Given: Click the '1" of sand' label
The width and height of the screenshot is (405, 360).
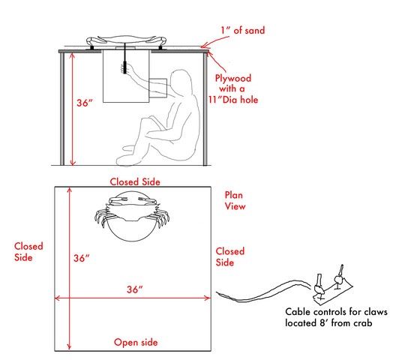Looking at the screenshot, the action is pos(242,31).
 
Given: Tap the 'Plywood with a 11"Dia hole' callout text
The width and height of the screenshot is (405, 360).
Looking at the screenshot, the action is pos(233,88).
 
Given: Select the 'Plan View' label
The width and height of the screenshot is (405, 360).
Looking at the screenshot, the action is pos(235,201).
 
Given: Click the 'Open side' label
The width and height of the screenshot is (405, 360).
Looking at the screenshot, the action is pos(136,343).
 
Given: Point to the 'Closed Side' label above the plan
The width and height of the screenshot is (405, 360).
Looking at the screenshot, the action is pos(135,181).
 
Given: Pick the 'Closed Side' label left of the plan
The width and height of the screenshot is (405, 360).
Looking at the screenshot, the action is pos(28,252).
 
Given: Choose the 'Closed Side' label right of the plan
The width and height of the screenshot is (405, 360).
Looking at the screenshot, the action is pos(230,256).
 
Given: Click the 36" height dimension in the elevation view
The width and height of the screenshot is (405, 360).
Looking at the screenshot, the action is pos(85,103).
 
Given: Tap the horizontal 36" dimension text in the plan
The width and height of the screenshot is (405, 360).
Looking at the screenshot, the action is pos(134,289).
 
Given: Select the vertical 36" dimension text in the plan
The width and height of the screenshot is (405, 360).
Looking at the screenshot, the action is pos(81,258).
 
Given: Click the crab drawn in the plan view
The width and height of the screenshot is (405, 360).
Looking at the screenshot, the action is pos(132,211).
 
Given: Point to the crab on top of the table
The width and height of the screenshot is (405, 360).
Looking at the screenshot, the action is pos(126,40).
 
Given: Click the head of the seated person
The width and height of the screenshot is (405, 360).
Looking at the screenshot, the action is pos(181,81).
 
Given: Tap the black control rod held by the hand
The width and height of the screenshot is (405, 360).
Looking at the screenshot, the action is pos(125,59).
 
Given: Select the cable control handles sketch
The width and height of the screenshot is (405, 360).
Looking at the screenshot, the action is pos(332,286).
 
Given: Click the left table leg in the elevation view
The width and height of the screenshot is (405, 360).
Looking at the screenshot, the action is pos(62,109).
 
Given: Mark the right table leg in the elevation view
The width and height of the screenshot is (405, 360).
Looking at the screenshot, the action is pos(205,109).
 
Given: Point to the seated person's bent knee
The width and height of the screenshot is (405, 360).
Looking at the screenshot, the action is pos(145,121).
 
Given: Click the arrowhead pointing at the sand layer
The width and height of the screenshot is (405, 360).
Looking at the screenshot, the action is pos(203,46).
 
